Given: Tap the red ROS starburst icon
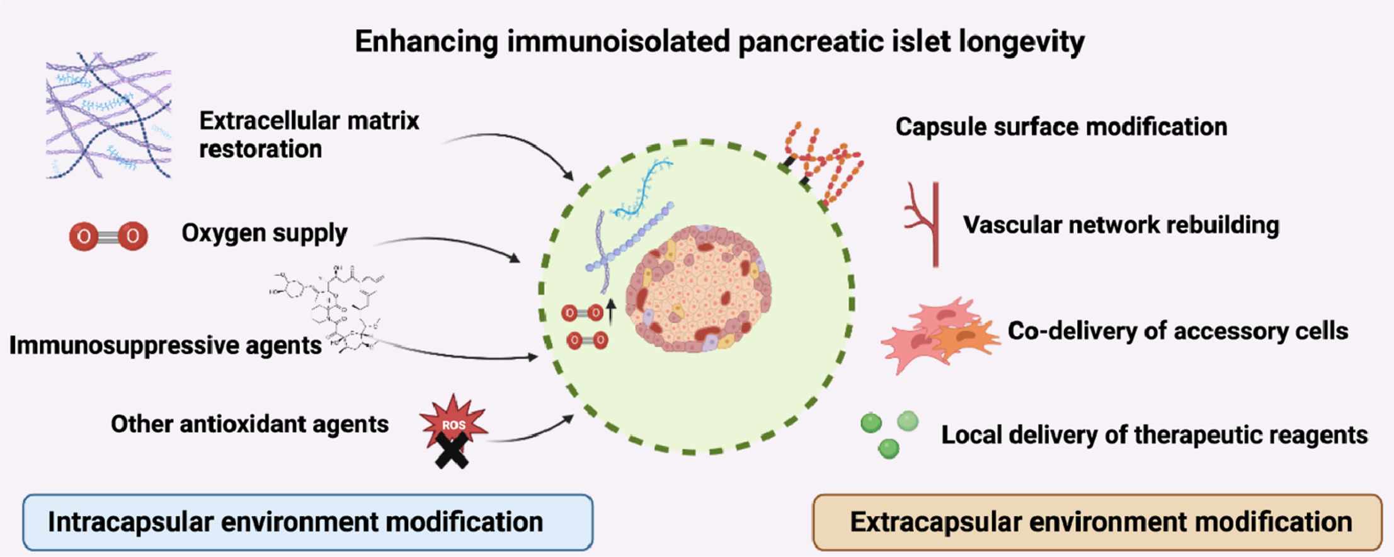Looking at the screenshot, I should tap(454, 421).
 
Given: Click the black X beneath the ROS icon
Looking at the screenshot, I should tap(452, 452).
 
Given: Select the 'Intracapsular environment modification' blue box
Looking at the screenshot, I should tap(307, 522).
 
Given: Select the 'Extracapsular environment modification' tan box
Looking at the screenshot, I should tap(1097, 522).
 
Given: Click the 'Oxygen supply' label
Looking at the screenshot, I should tap(264, 233).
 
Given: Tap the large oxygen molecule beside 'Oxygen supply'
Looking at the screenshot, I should tap(108, 236).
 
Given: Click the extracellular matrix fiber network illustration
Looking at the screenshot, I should tap(108, 115).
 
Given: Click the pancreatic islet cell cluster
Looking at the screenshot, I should tap(698, 289).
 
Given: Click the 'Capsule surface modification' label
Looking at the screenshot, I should tap(1061, 127).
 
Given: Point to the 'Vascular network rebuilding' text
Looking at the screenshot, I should tap(1121, 225).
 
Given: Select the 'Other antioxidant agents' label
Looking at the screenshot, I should tap(249, 424).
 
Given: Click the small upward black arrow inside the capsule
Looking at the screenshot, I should tap(610, 311).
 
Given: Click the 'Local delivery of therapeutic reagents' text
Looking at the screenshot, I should tap(1154, 435).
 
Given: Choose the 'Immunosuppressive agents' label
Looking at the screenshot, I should tap(165, 345).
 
